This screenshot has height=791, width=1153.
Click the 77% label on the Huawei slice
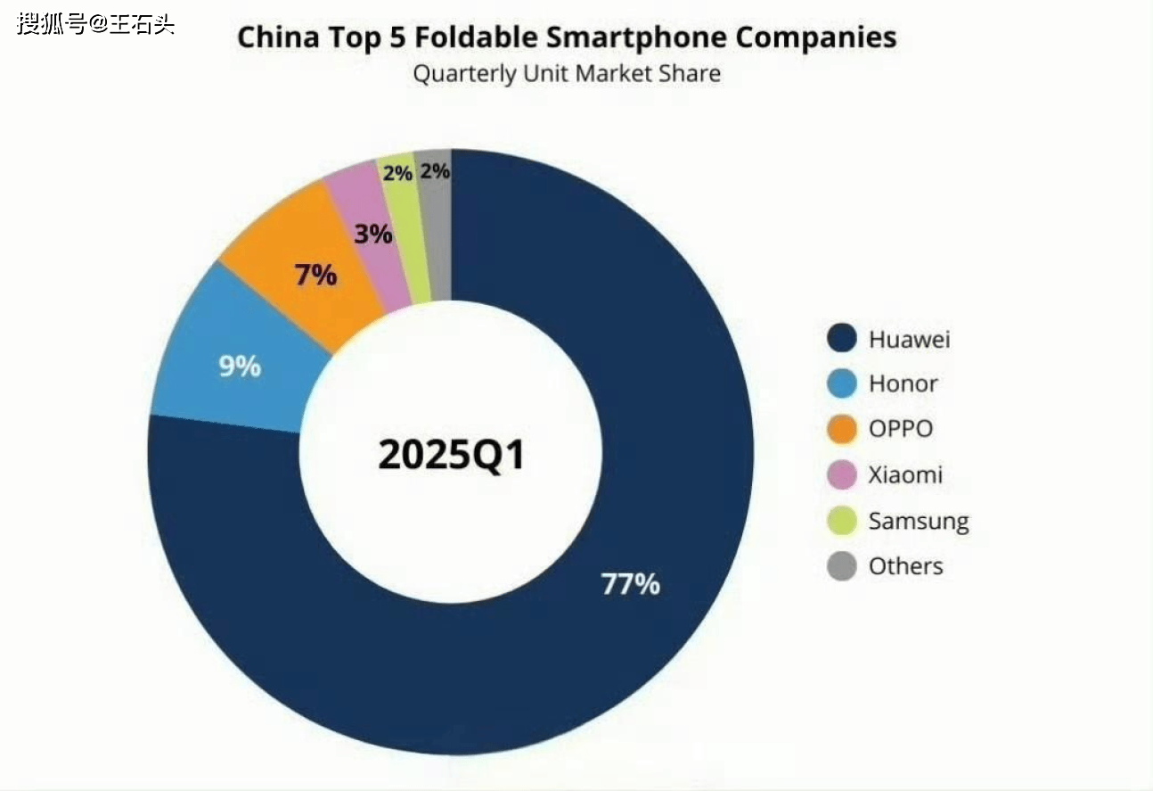tap(630, 585)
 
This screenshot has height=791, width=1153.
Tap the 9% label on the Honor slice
tap(240, 366)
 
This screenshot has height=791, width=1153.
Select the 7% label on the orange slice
tap(315, 276)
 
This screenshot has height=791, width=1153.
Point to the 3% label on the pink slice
tap(372, 235)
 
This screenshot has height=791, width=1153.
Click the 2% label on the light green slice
tap(397, 173)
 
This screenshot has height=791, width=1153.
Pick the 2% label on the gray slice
tap(435, 171)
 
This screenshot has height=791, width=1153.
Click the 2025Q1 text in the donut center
tap(452, 455)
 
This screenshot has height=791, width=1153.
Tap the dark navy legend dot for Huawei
tap(841, 339)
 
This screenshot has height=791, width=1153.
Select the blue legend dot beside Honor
tap(841, 384)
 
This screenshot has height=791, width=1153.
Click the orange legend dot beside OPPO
tap(841, 430)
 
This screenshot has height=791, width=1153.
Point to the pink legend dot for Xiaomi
tap(841, 475)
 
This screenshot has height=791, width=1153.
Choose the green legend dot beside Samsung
tap(841, 521)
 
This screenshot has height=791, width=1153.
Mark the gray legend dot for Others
tap(841, 566)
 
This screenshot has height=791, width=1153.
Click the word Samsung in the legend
tap(919, 522)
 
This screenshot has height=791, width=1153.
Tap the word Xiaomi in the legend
tap(905, 475)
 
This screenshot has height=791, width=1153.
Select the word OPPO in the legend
tap(901, 430)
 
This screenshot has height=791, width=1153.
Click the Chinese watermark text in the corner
tap(95, 23)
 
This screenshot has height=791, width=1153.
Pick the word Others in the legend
tap(905, 566)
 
